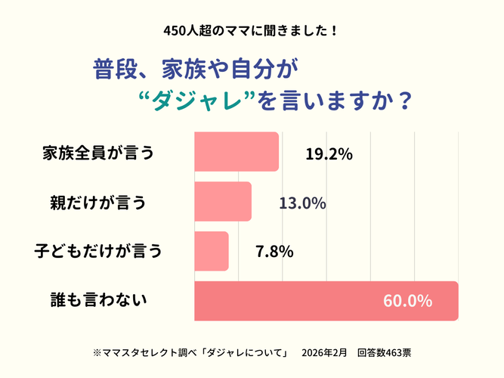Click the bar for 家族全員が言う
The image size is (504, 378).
(237, 151)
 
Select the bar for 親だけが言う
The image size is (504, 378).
(223, 202)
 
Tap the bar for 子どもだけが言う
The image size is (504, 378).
(212, 251)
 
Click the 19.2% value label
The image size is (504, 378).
(329, 153)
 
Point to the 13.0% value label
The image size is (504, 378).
(302, 203)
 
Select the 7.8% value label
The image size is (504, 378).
(274, 252)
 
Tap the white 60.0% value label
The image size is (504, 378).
(407, 301)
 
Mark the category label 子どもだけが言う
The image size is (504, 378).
(98, 251)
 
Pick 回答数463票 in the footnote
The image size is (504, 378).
(385, 352)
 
